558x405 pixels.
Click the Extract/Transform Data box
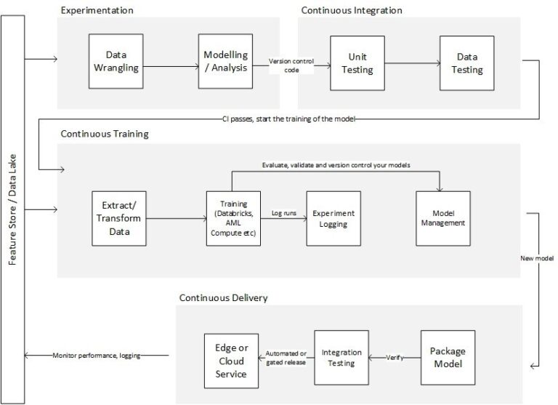(119, 217)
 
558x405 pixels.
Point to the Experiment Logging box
(333, 217)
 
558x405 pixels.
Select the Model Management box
(442, 217)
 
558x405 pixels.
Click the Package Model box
(448, 358)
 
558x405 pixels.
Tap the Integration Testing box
(341, 356)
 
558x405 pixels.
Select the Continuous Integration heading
(351, 10)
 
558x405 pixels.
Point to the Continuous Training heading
(105, 134)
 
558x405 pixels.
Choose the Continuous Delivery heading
(223, 297)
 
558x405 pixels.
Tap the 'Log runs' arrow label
(284, 213)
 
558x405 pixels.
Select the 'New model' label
(537, 258)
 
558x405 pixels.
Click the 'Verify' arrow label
(395, 357)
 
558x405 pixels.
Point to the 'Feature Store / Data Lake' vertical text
(13, 211)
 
